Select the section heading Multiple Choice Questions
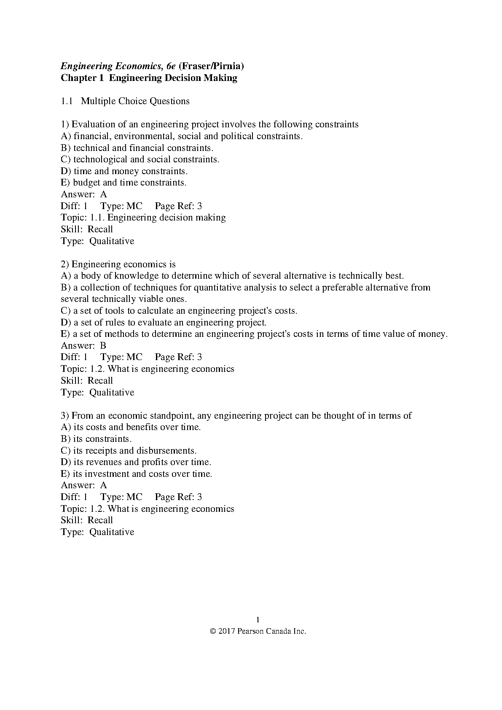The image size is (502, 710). (x=135, y=101)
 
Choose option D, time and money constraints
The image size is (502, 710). (x=124, y=171)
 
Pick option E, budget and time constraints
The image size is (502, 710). (x=123, y=183)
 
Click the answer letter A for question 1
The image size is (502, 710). (x=104, y=194)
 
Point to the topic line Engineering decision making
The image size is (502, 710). (x=166, y=218)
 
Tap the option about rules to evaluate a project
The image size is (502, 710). (x=164, y=323)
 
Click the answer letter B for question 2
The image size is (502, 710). (x=103, y=346)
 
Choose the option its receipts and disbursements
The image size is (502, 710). (x=129, y=451)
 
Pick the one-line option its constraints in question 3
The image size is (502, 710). (x=96, y=439)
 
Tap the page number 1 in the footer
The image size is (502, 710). (x=258, y=619)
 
